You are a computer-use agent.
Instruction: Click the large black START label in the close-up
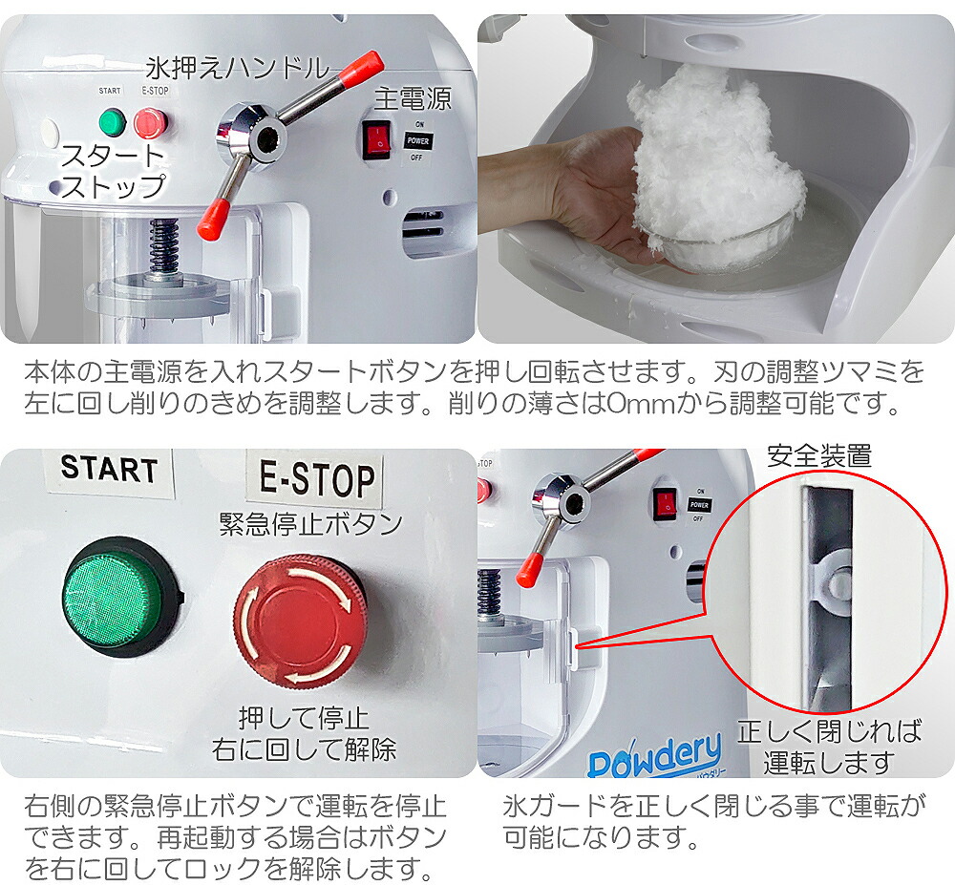(x=108, y=469)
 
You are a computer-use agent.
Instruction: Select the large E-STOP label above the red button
(x=317, y=478)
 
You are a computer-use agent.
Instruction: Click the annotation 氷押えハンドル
(x=235, y=69)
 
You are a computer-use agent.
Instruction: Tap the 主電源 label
(x=412, y=98)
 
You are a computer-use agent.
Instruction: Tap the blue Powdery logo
(x=654, y=760)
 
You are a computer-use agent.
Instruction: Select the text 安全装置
(x=818, y=456)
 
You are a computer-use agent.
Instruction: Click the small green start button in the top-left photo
(x=113, y=122)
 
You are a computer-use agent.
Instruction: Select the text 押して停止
(x=304, y=717)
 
